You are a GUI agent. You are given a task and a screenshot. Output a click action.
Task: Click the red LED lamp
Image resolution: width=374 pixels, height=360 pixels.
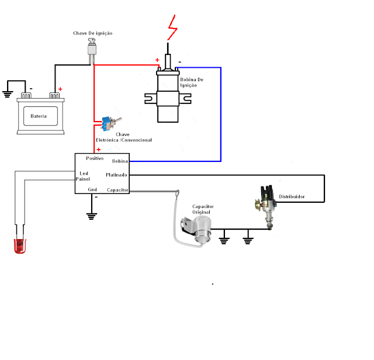[x=20, y=245]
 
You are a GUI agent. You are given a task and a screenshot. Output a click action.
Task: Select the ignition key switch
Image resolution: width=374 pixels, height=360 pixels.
[x=92, y=51]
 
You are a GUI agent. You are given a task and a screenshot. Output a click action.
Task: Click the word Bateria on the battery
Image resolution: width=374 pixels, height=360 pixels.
[x=39, y=116]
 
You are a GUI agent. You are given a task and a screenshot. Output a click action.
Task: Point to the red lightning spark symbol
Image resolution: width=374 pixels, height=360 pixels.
[x=172, y=27]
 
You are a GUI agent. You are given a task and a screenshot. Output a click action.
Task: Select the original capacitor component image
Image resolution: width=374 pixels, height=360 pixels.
[x=196, y=230]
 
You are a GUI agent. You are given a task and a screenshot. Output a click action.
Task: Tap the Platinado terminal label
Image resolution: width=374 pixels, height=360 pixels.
[x=116, y=175]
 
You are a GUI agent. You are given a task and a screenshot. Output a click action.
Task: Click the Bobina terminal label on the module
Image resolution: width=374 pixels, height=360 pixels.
[x=120, y=161]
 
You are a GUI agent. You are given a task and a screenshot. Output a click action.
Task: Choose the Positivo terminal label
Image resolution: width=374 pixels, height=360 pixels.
[x=95, y=158]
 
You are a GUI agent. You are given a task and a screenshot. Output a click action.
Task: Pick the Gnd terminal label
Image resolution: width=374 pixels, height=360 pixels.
[x=92, y=190]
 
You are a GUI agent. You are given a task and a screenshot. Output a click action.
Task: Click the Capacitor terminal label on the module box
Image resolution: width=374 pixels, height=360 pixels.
[x=117, y=190]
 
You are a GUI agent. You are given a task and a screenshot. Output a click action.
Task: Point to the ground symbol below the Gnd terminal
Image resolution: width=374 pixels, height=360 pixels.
[x=92, y=216]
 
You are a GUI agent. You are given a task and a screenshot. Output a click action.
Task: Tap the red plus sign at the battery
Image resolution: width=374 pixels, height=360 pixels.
[x=60, y=89]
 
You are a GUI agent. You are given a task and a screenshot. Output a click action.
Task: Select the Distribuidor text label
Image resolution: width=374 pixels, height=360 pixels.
[x=292, y=196]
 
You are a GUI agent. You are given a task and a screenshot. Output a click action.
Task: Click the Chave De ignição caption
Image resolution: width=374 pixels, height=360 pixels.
[x=93, y=33]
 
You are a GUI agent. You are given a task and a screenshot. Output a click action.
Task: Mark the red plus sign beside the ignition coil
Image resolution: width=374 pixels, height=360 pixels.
[x=157, y=60]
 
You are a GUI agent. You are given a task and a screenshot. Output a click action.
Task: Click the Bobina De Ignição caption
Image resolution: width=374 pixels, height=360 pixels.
[x=192, y=82]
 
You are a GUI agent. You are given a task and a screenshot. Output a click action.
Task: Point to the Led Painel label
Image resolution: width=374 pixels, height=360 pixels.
[x=82, y=176]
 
